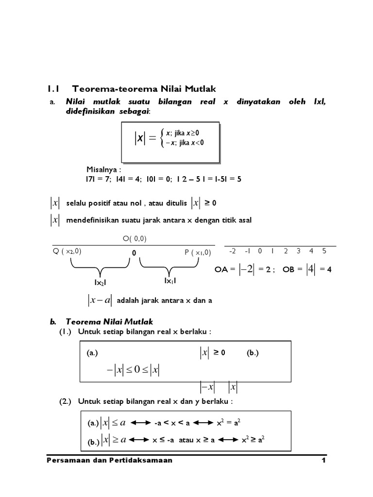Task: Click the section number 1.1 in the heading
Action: pyautogui.click(x=53, y=89)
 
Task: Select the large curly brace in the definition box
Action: pyautogui.click(x=162, y=138)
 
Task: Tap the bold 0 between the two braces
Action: pyautogui.click(x=134, y=253)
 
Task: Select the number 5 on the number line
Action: pyautogui.click(x=324, y=251)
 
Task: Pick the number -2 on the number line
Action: pyautogui.click(x=232, y=251)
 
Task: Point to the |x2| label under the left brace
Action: pyautogui.click(x=101, y=282)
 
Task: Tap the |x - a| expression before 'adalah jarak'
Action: pyautogui.click(x=100, y=300)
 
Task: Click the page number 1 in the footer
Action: pyautogui.click(x=323, y=461)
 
